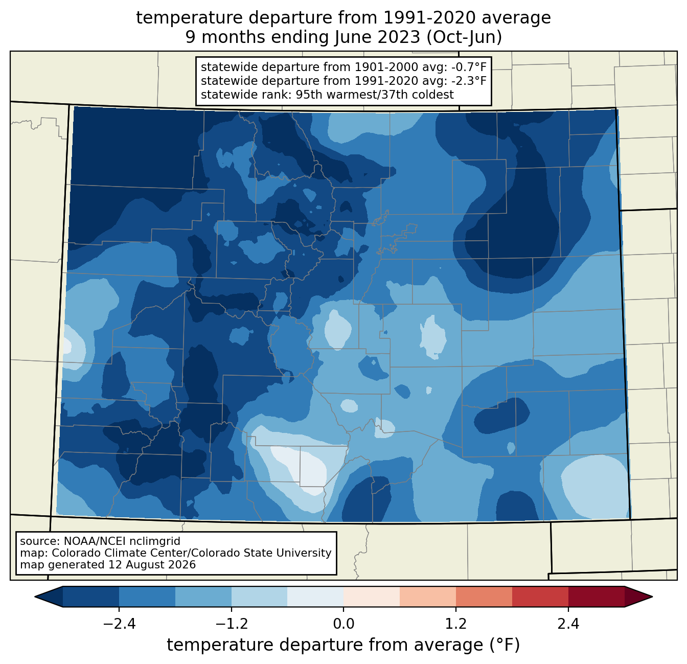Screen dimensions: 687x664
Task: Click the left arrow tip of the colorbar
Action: [x=35, y=597]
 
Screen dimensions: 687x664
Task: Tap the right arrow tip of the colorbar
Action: [x=652, y=597]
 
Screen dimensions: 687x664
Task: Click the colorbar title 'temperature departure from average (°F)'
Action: [x=343, y=645]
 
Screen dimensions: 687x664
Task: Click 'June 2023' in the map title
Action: [x=377, y=37]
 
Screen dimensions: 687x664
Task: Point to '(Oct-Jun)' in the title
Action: [x=464, y=37]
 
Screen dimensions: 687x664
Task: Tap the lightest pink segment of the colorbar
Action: [x=372, y=597]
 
